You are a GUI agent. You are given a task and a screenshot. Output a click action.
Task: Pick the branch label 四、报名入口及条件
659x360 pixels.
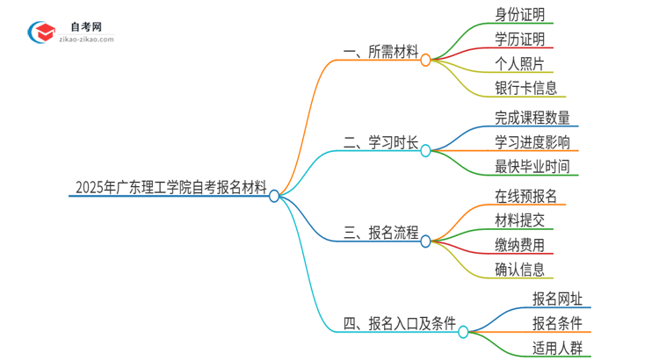click(399, 325)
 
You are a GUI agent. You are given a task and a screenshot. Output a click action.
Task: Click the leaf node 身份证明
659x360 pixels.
click(520, 15)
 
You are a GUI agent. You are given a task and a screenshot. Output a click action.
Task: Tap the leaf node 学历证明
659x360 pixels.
click(520, 40)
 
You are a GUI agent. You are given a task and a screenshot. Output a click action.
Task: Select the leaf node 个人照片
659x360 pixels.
click(520, 63)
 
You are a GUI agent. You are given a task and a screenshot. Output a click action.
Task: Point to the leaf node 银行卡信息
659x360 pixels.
click(526, 88)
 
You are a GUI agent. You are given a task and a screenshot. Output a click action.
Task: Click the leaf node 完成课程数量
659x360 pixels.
click(532, 117)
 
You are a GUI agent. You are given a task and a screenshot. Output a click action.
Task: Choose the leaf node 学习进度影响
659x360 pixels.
click(532, 141)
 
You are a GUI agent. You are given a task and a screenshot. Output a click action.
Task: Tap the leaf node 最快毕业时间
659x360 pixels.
click(532, 166)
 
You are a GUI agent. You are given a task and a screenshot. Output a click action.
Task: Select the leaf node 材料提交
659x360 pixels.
click(520, 220)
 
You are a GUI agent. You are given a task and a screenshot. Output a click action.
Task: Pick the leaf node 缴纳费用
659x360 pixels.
click(520, 244)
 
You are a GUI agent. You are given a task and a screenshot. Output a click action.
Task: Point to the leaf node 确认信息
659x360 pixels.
click(520, 269)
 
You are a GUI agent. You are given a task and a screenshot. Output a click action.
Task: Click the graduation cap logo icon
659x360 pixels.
click(42, 32)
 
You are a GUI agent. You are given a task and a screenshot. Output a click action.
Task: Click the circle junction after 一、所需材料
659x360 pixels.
click(425, 60)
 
